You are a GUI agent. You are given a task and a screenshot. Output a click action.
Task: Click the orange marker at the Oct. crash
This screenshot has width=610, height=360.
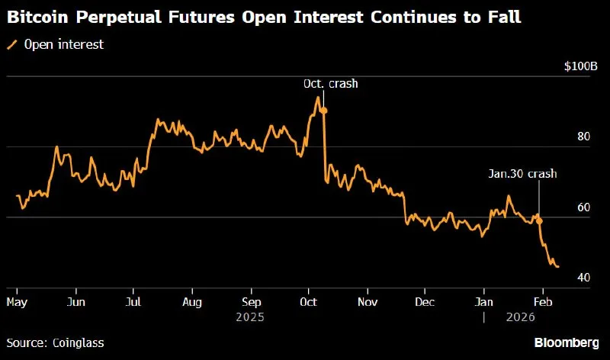[323, 111]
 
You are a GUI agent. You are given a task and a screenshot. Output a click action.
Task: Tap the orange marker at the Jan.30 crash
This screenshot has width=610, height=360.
[539, 221]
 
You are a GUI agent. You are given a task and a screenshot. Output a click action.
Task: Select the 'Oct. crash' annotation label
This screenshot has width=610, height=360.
[331, 84]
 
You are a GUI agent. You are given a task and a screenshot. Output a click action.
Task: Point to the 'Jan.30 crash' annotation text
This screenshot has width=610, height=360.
[522, 174]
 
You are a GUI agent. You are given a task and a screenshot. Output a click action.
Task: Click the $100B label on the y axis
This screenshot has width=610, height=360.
[581, 66]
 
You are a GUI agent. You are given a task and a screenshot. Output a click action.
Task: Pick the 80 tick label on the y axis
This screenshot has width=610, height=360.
[583, 137]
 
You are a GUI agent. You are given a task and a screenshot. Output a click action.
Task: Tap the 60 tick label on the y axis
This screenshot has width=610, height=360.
[583, 207]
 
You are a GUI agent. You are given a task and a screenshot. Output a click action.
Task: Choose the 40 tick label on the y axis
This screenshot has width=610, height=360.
[583, 278]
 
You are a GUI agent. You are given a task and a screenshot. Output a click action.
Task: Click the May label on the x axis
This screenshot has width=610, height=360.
[17, 302]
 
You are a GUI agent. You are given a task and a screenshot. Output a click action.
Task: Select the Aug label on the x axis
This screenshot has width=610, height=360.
[192, 302]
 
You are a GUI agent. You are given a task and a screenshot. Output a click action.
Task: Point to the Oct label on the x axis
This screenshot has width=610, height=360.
[309, 302]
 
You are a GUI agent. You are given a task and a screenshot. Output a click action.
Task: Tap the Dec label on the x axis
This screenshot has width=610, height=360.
[425, 302]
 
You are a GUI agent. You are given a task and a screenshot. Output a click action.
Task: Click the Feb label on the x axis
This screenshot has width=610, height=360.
[543, 302]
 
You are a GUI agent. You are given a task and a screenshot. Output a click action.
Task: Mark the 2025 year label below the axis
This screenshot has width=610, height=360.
[250, 317]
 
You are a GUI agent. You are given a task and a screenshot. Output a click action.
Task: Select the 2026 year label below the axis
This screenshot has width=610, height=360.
[521, 317]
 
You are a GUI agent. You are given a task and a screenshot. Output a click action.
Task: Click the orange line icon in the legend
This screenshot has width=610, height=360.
[12, 45]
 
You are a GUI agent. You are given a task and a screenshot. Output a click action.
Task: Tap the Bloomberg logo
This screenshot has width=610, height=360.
[567, 343]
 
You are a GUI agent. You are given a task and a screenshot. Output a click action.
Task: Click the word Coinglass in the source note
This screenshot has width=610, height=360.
[79, 343]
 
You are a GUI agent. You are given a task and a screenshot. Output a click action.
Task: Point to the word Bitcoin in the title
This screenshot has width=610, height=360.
[37, 17]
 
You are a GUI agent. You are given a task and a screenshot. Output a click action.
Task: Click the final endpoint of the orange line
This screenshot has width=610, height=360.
[558, 267]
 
